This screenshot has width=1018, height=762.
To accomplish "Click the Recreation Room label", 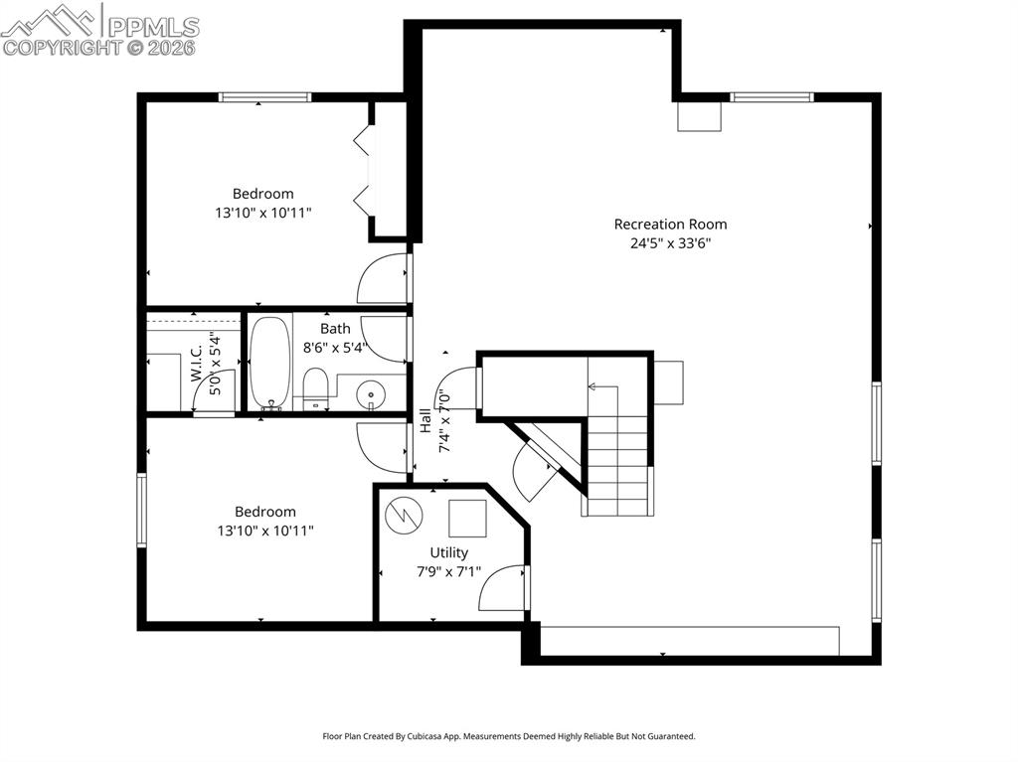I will (x=670, y=225).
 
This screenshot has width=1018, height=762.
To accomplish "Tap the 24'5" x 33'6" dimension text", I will (x=670, y=242).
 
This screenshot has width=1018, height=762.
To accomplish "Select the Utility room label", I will (x=448, y=552).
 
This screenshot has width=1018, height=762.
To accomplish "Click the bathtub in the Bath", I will (x=268, y=363).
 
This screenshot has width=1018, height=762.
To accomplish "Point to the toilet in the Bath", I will (x=315, y=387).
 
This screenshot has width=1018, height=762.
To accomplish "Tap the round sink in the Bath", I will (x=371, y=394).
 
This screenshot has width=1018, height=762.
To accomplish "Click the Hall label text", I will (x=425, y=421).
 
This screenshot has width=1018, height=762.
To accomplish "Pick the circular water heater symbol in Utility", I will (x=405, y=514).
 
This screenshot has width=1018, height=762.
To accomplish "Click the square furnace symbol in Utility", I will (x=466, y=518).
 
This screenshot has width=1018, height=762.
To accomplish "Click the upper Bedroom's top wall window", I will (x=264, y=97).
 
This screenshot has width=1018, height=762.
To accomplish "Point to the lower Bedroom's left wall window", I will (x=141, y=510).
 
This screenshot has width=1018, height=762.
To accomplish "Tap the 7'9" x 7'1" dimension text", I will (x=449, y=571).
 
